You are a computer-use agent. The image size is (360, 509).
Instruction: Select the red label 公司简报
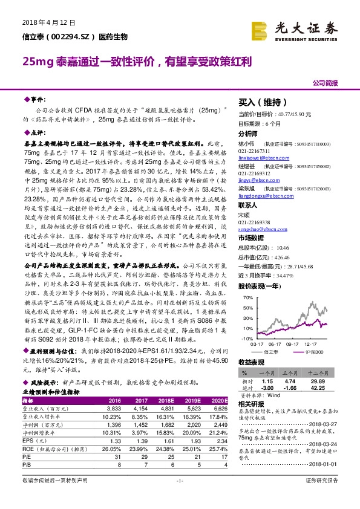point(325,82)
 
